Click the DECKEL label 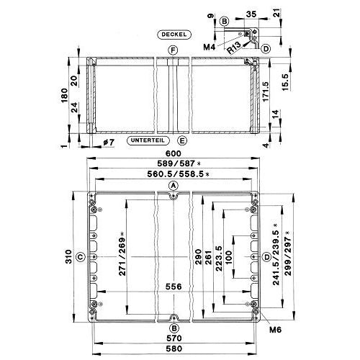tap(174, 35)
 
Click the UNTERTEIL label tap(148, 140)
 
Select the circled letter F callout tap(173, 50)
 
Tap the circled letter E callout tap(182, 140)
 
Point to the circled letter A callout tap(174, 186)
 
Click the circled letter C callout tap(81, 257)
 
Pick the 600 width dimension tap(174, 153)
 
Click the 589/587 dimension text tap(176, 163)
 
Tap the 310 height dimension tap(68, 256)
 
